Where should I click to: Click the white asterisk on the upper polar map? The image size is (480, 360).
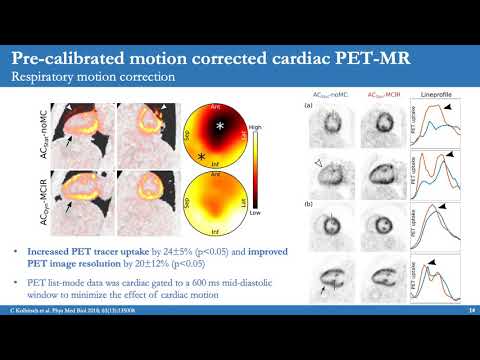[x=217, y=126]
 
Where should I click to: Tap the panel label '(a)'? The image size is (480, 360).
[x=312, y=103]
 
